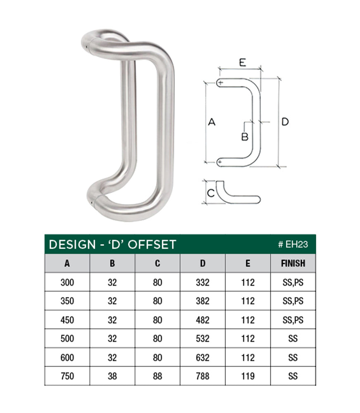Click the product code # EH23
[293, 244]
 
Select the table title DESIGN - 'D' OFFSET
[112, 244]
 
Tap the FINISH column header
[293, 263]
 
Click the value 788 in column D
[203, 376]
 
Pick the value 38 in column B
[112, 376]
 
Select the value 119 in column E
[248, 376]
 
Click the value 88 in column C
[157, 376]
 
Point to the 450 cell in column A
[67, 320]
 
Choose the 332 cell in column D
[203, 282]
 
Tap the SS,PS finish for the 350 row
[293, 301]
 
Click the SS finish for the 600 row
[293, 357]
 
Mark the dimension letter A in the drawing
[211, 122]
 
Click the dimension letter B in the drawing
[245, 136]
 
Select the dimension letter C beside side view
[210, 193]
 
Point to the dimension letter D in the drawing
[285, 122]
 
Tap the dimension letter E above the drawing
[242, 62]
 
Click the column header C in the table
[157, 263]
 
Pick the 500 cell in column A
[67, 339]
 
